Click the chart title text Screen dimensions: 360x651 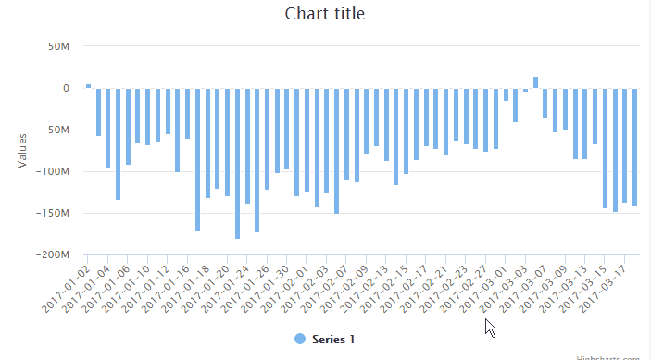[324, 14]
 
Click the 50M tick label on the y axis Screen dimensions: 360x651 [56, 46]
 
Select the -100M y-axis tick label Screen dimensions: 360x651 [53, 171]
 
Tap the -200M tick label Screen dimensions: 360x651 [53, 254]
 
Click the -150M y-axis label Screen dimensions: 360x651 [53, 213]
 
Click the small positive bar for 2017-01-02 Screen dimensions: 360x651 [89, 86]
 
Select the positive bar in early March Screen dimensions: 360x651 [535, 82]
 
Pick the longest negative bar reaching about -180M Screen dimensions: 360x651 [238, 163]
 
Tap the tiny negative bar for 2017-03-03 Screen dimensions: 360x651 [525, 90]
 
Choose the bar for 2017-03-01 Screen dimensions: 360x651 [506, 94]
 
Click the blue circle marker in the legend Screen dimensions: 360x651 [299, 340]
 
